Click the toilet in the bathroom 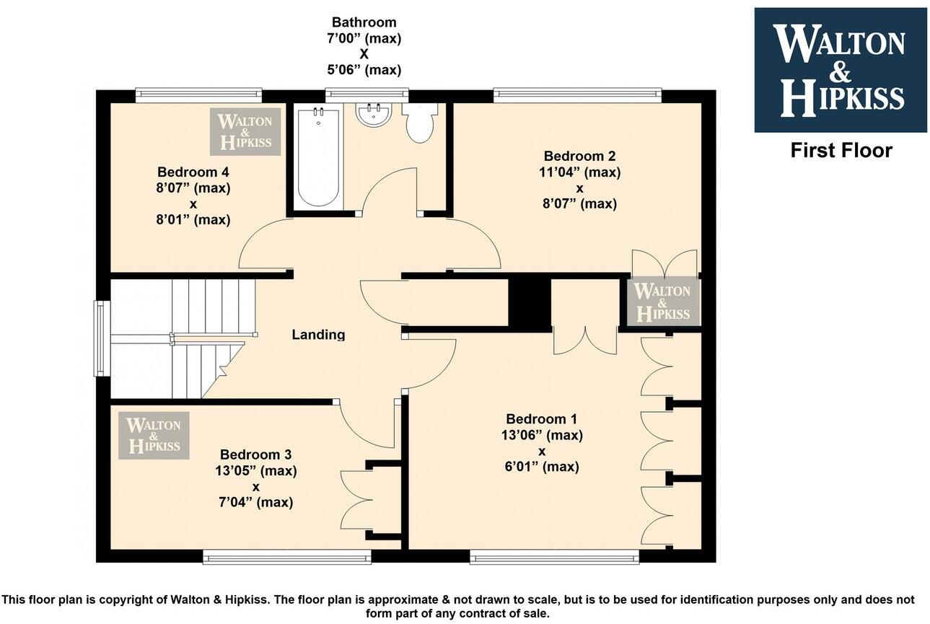tap(421, 123)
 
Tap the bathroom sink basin tap(374, 114)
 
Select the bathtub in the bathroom tap(318, 157)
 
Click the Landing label tap(318, 334)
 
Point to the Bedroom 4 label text tap(193, 172)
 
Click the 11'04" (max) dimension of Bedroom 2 tap(579, 172)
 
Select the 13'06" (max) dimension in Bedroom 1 tap(542, 435)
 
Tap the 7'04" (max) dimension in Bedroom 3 tap(255, 502)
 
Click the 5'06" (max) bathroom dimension tap(364, 70)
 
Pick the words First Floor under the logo tap(841, 150)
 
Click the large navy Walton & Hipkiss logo tap(841, 70)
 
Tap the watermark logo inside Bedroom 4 tap(245, 132)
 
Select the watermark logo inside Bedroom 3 tap(154, 436)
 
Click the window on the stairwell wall tap(102, 338)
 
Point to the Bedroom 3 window tap(287, 557)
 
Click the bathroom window tap(367, 95)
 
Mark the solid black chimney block tap(530, 305)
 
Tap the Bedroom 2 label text tap(579, 156)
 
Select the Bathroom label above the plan tap(364, 22)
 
